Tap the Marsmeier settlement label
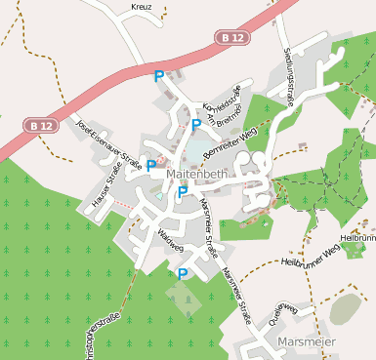pyautogui.click(x=306, y=342)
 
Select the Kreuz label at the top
pyautogui.click(x=142, y=7)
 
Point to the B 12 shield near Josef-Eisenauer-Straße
pyautogui.click(x=40, y=126)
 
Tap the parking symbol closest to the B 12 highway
pyautogui.click(x=159, y=75)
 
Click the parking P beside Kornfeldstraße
pyautogui.click(x=196, y=125)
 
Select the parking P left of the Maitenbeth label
pyautogui.click(x=151, y=166)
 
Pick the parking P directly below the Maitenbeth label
pyautogui.click(x=183, y=192)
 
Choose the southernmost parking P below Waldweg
pyautogui.click(x=183, y=274)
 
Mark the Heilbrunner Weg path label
pyautogui.click(x=310, y=256)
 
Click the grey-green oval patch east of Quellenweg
pyautogui.click(x=345, y=309)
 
